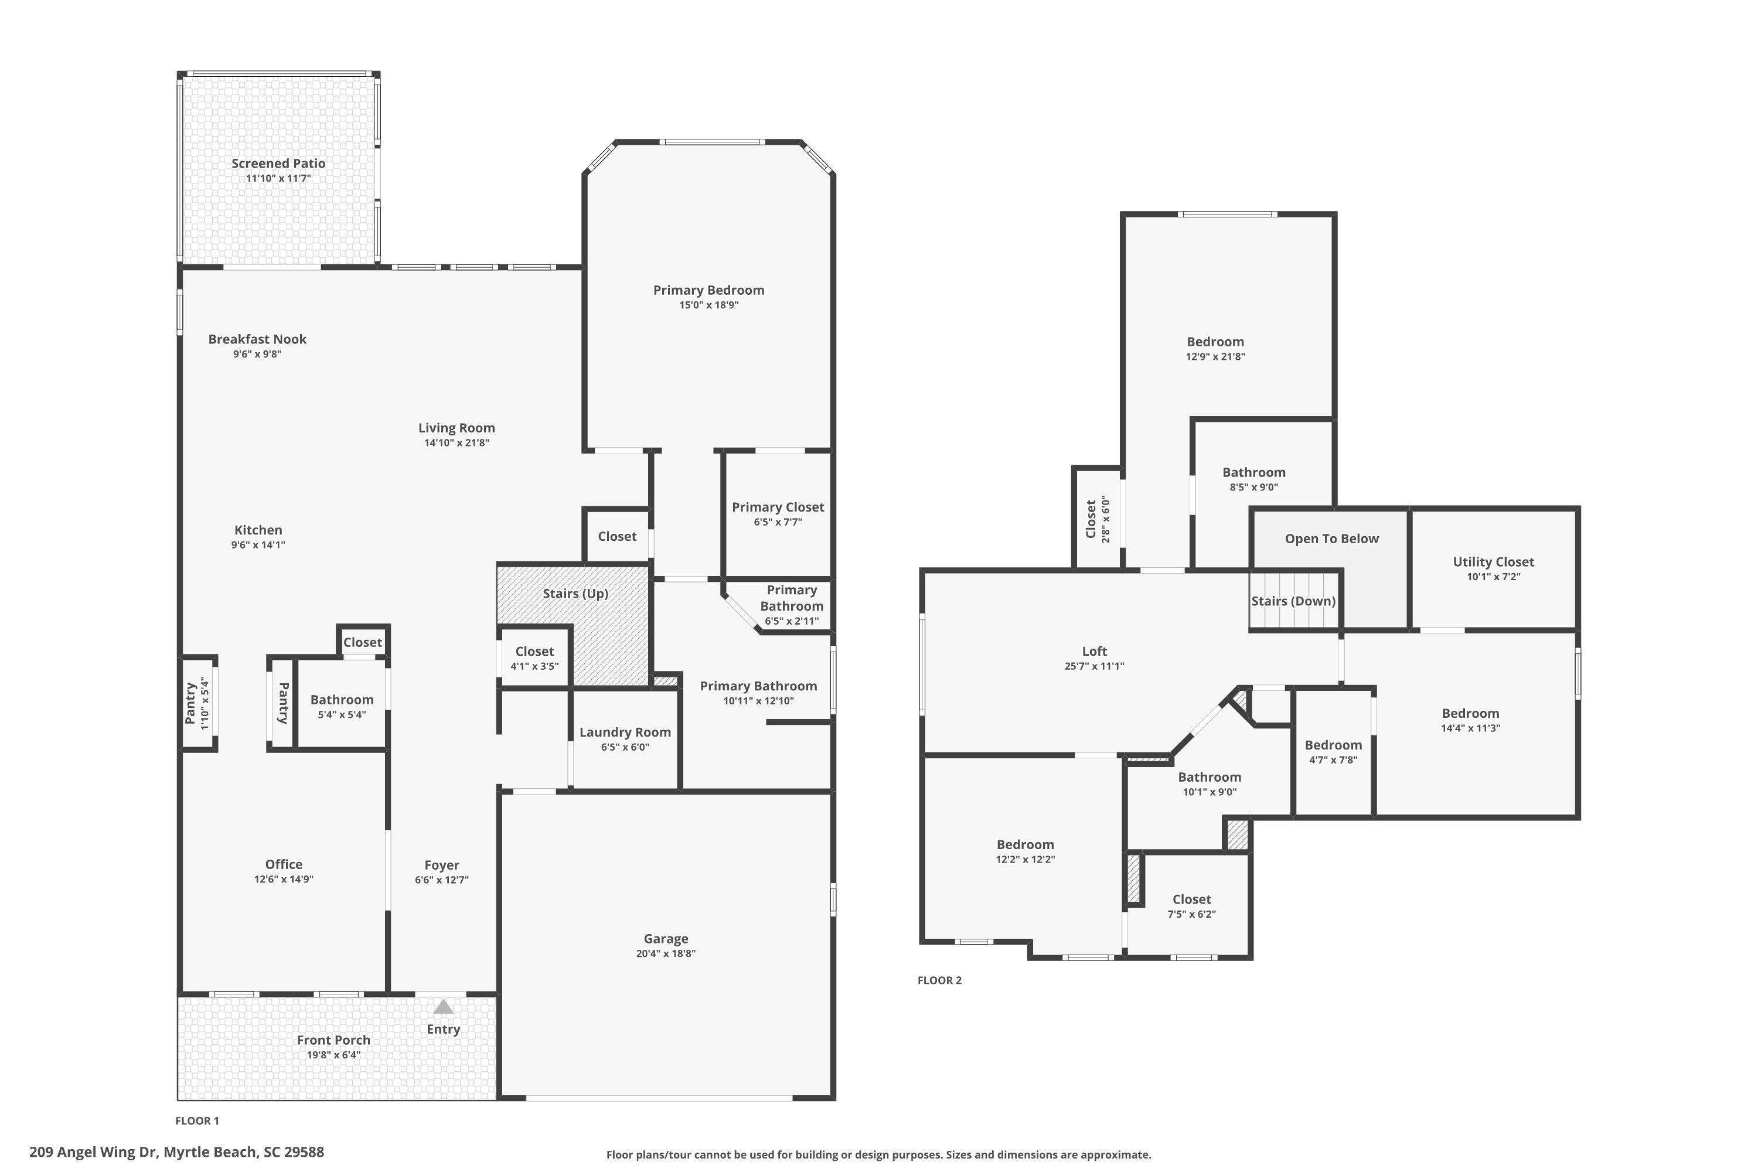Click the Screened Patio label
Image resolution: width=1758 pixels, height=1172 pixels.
[278, 163]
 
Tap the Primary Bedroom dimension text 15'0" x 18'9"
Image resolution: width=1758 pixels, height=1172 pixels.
[708, 305]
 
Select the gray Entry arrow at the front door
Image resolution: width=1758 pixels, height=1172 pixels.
[443, 1007]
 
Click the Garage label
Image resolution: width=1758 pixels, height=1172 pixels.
[665, 939]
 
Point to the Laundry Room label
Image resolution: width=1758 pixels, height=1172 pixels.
[625, 732]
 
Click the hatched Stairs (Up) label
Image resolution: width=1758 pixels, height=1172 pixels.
[575, 594]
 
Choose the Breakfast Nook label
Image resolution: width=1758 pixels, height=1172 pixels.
[257, 339]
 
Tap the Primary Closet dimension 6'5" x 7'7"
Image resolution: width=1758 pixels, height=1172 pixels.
[778, 522]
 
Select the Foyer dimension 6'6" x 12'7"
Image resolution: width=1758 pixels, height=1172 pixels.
[442, 880]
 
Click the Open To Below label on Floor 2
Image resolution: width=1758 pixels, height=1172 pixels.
[1331, 539]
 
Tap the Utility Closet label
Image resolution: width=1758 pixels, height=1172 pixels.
[1493, 562]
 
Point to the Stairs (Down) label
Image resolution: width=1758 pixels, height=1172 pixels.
[1293, 601]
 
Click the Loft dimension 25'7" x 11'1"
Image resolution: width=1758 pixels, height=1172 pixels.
[1094, 666]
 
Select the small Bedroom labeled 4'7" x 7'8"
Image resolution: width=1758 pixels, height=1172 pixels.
[1333, 745]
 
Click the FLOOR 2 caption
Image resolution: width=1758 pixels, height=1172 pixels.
[939, 980]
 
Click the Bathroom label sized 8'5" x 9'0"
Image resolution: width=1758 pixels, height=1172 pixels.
[1253, 472]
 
